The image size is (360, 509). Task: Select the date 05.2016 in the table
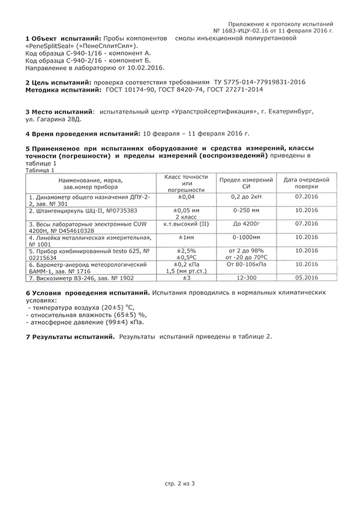[x=306, y=279]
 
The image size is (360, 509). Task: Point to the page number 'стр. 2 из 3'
[x=180, y=483]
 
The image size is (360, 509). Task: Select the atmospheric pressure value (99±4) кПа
[x=109, y=322]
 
